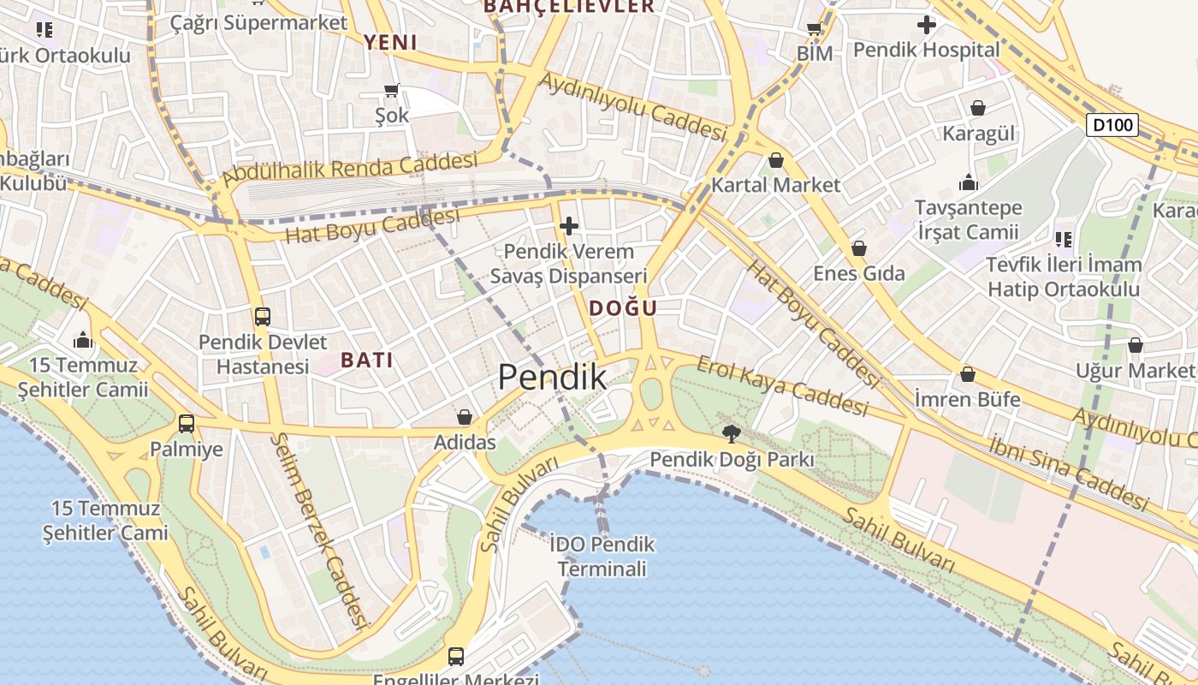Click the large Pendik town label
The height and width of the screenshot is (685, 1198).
click(552, 378)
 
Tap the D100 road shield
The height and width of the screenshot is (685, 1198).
click(1112, 125)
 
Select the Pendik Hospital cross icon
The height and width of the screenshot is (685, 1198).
click(926, 26)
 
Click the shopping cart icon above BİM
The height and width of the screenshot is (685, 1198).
click(815, 29)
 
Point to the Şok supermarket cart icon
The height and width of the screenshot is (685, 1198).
click(392, 90)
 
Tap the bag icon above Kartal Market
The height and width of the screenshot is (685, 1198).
click(775, 160)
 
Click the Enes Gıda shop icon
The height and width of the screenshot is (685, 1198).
click(858, 248)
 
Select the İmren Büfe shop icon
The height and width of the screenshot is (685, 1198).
click(967, 374)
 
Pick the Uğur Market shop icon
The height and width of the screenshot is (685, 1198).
click(1135, 345)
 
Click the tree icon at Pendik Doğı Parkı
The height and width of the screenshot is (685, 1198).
click(731, 433)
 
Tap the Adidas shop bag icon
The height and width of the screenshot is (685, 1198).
click(464, 417)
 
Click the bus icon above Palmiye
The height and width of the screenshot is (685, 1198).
click(186, 423)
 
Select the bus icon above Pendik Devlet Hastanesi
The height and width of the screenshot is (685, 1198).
click(262, 317)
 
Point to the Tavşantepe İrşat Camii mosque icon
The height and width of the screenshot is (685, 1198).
click(969, 182)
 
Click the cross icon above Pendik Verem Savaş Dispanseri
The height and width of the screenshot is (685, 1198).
click(569, 226)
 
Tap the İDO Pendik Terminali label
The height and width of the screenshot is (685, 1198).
click(602, 556)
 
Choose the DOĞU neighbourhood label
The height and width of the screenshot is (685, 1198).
click(623, 308)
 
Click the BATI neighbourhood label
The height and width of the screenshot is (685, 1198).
click(367, 360)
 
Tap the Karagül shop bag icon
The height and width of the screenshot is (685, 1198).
click(977, 108)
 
